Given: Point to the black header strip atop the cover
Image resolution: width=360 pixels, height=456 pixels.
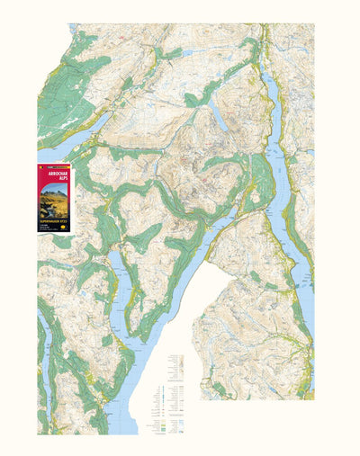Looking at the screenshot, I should tap(57, 166).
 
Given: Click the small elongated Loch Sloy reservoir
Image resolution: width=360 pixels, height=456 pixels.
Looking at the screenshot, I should tap(219, 116).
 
